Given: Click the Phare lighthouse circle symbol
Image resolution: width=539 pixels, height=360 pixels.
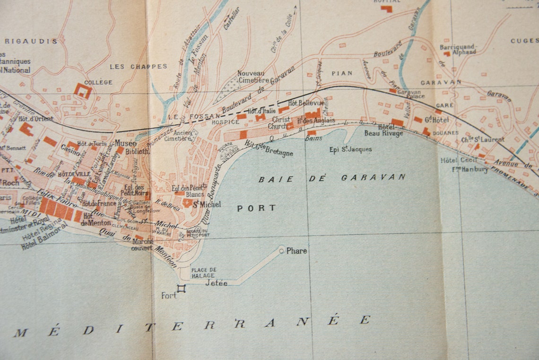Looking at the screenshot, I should (281, 250).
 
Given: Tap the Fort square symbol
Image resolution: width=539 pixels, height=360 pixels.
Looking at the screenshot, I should (181, 289).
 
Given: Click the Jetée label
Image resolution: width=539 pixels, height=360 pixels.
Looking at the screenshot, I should (216, 283).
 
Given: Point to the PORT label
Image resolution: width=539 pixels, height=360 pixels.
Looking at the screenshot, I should (256, 208).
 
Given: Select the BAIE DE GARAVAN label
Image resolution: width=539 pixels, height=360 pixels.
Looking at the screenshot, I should (331, 178).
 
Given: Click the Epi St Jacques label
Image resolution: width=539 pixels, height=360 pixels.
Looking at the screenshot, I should (350, 149).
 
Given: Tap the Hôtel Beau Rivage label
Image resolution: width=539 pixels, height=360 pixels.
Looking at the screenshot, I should (391, 130).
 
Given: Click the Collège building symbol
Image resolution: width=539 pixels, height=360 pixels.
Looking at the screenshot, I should (83, 90).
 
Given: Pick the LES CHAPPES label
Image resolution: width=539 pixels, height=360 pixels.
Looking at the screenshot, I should (139, 67).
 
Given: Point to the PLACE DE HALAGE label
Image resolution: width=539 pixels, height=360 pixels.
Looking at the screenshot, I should (203, 272).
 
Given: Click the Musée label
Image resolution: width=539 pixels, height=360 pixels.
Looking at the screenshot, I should (126, 143).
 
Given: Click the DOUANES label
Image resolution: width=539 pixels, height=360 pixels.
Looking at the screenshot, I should (445, 133).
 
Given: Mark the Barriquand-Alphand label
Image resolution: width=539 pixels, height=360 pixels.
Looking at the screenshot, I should (458, 50).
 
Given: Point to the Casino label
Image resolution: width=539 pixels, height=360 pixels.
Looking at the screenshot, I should (70, 148).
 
